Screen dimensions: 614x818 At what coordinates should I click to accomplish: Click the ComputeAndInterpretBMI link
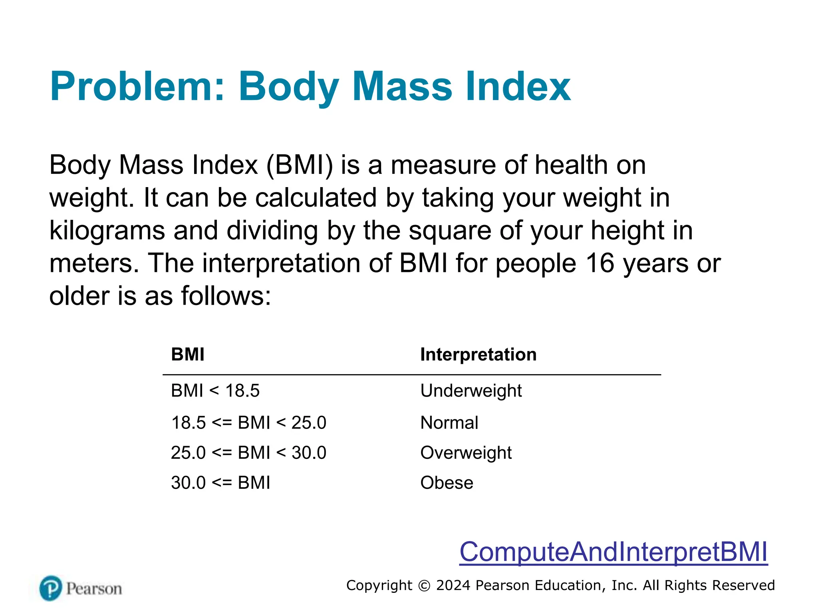click(x=613, y=552)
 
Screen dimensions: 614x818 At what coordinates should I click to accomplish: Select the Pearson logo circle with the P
click(x=51, y=588)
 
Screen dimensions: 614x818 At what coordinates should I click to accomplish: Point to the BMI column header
click(x=187, y=355)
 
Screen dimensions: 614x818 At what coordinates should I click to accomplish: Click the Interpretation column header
click(x=478, y=355)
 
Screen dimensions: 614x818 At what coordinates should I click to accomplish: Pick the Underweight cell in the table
click(x=471, y=391)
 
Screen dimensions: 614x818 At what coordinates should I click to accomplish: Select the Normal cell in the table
click(x=449, y=423)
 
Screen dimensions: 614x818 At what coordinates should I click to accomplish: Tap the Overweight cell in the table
click(x=466, y=453)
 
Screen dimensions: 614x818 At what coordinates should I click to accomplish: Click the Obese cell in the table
click(x=447, y=483)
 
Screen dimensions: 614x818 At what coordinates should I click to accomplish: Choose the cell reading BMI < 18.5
click(x=215, y=391)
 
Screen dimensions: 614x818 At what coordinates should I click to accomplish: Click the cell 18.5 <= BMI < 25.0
click(x=248, y=423)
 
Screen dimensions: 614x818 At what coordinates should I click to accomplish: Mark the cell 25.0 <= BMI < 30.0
click(x=248, y=453)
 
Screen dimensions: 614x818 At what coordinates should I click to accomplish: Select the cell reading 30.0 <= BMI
click(x=220, y=483)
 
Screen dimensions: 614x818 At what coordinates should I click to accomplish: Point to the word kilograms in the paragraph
click(x=107, y=231)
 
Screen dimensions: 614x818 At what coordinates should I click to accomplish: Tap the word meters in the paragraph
click(x=94, y=263)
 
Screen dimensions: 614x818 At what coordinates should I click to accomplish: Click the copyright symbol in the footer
click(x=424, y=586)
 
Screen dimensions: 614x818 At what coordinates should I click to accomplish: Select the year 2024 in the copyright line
click(x=453, y=586)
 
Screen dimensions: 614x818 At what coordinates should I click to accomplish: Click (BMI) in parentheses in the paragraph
click(x=299, y=165)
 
